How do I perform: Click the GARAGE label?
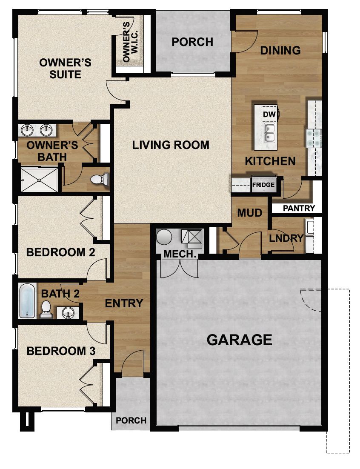(x=239, y=340)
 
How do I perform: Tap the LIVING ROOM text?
(x=171, y=145)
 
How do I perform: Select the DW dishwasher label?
(x=268, y=114)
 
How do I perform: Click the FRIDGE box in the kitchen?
(x=263, y=185)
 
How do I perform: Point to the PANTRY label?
(x=299, y=208)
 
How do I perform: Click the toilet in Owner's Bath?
(x=100, y=179)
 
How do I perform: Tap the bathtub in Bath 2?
(x=27, y=300)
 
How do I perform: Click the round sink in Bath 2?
(x=68, y=313)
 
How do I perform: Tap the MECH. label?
(x=180, y=255)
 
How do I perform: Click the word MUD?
(x=249, y=212)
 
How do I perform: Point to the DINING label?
(x=280, y=50)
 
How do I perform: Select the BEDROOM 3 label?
(x=61, y=351)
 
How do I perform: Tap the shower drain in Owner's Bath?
(x=39, y=180)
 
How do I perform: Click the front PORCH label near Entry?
(x=131, y=420)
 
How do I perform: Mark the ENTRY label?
(x=124, y=303)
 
